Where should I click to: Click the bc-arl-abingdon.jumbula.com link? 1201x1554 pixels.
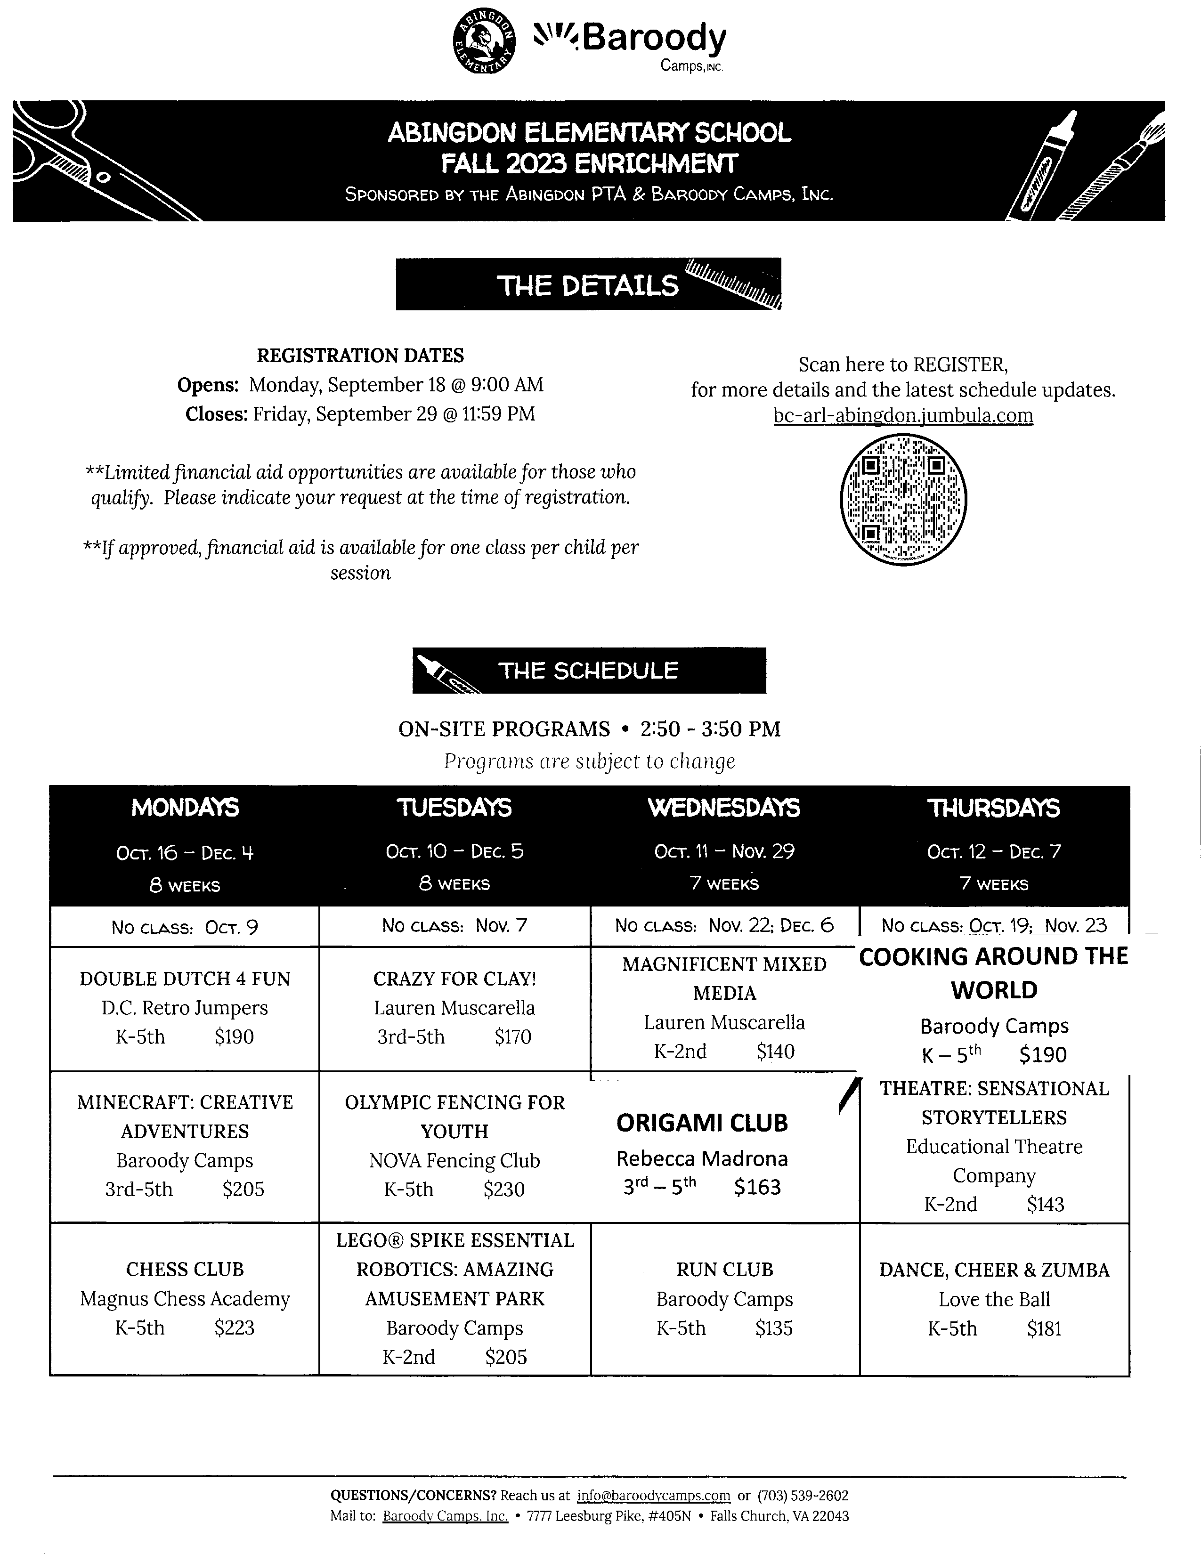[903, 415]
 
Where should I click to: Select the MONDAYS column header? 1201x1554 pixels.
[185, 808]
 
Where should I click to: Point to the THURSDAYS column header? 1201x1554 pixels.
[993, 808]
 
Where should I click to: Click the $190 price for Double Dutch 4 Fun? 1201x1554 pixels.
[234, 1037]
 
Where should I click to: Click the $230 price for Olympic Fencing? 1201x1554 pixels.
[504, 1190]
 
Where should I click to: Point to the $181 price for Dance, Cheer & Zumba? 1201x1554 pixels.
[1044, 1328]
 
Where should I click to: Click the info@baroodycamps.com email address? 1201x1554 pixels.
[654, 1496]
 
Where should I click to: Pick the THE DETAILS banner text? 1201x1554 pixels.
[588, 285]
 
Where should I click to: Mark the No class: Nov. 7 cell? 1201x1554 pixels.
[454, 926]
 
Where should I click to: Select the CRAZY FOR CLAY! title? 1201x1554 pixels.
[454, 979]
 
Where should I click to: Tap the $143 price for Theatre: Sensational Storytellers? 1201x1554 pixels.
[1045, 1205]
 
